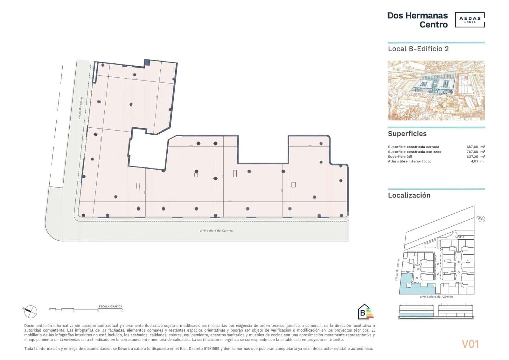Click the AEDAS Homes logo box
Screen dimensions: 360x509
470,20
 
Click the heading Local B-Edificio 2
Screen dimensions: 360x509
418,49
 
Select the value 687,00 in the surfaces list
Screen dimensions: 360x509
472,147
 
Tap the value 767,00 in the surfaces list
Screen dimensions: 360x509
472,152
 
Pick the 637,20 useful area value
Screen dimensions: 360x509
472,157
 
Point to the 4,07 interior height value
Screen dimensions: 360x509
474,161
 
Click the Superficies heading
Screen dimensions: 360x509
407,134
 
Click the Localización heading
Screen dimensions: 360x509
409,195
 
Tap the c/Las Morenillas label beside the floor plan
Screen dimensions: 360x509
81,108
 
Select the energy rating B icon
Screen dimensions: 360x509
365,312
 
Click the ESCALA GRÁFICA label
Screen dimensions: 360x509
110,307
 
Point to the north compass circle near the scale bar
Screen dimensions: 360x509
31,311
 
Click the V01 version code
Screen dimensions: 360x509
470,344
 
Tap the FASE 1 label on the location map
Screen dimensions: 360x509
459,237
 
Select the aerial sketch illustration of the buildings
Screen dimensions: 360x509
436,90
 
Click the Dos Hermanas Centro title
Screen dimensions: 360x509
417,20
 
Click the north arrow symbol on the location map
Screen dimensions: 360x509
481,219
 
